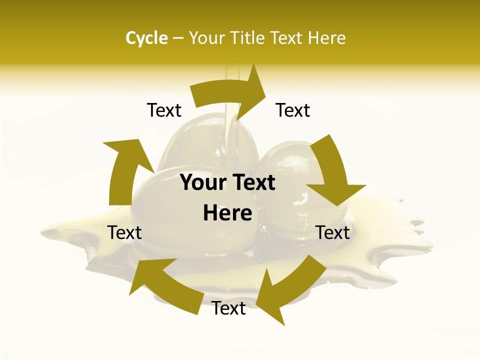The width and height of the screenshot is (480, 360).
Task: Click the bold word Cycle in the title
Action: (x=146, y=38)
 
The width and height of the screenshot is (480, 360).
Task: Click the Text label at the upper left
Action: (x=164, y=110)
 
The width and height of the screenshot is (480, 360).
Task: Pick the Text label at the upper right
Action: (x=293, y=110)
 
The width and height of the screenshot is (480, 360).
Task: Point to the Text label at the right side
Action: (x=333, y=232)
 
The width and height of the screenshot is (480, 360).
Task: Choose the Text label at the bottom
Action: (x=228, y=308)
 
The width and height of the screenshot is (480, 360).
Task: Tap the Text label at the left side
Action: (x=124, y=232)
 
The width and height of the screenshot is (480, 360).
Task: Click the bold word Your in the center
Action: (x=202, y=183)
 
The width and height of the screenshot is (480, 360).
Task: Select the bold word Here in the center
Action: (x=227, y=213)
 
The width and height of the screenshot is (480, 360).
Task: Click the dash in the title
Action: (x=177, y=38)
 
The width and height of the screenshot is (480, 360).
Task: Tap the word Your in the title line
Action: (x=205, y=38)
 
